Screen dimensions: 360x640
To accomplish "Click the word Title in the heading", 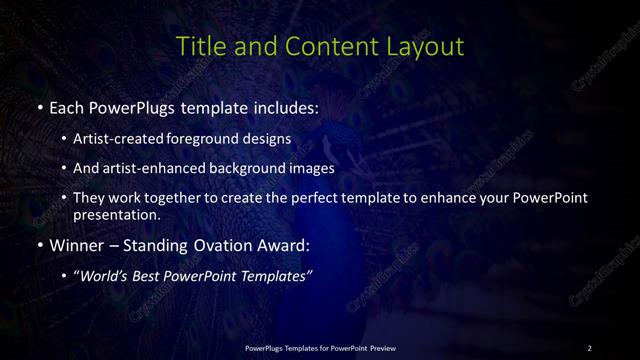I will pyautogui.click(x=198, y=46).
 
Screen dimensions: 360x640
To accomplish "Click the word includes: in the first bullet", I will pyautogui.click(x=283, y=106).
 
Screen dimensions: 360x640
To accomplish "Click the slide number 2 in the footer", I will pyautogui.click(x=589, y=347).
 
